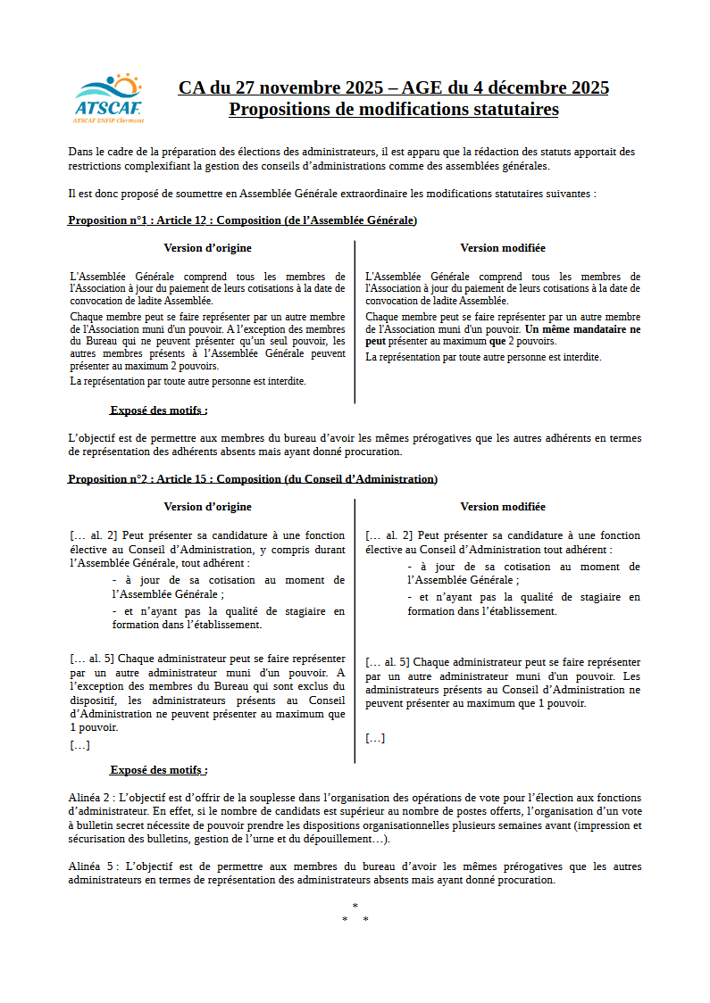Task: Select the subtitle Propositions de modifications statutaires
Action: tap(394, 109)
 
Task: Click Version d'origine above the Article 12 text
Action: tap(207, 248)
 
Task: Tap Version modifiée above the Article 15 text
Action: tap(503, 507)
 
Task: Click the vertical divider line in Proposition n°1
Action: tap(355, 321)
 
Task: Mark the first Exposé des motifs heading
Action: tap(158, 410)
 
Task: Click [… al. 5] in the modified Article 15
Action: tap(388, 662)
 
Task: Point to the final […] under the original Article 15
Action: tap(79, 745)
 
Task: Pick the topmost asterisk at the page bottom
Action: tap(355, 907)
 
